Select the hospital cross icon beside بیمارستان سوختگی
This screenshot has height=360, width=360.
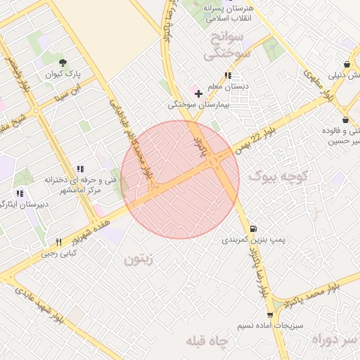(x=199, y=93)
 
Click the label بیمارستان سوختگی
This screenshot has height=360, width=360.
(x=193, y=105)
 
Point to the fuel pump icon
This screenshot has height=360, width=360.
(x=252, y=229)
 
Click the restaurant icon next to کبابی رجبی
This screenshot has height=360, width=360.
(x=58, y=240)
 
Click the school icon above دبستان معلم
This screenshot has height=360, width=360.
(x=227, y=75)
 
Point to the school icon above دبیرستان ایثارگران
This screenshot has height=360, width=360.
(x=20, y=193)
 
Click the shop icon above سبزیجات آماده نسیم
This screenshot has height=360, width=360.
(x=269, y=315)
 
